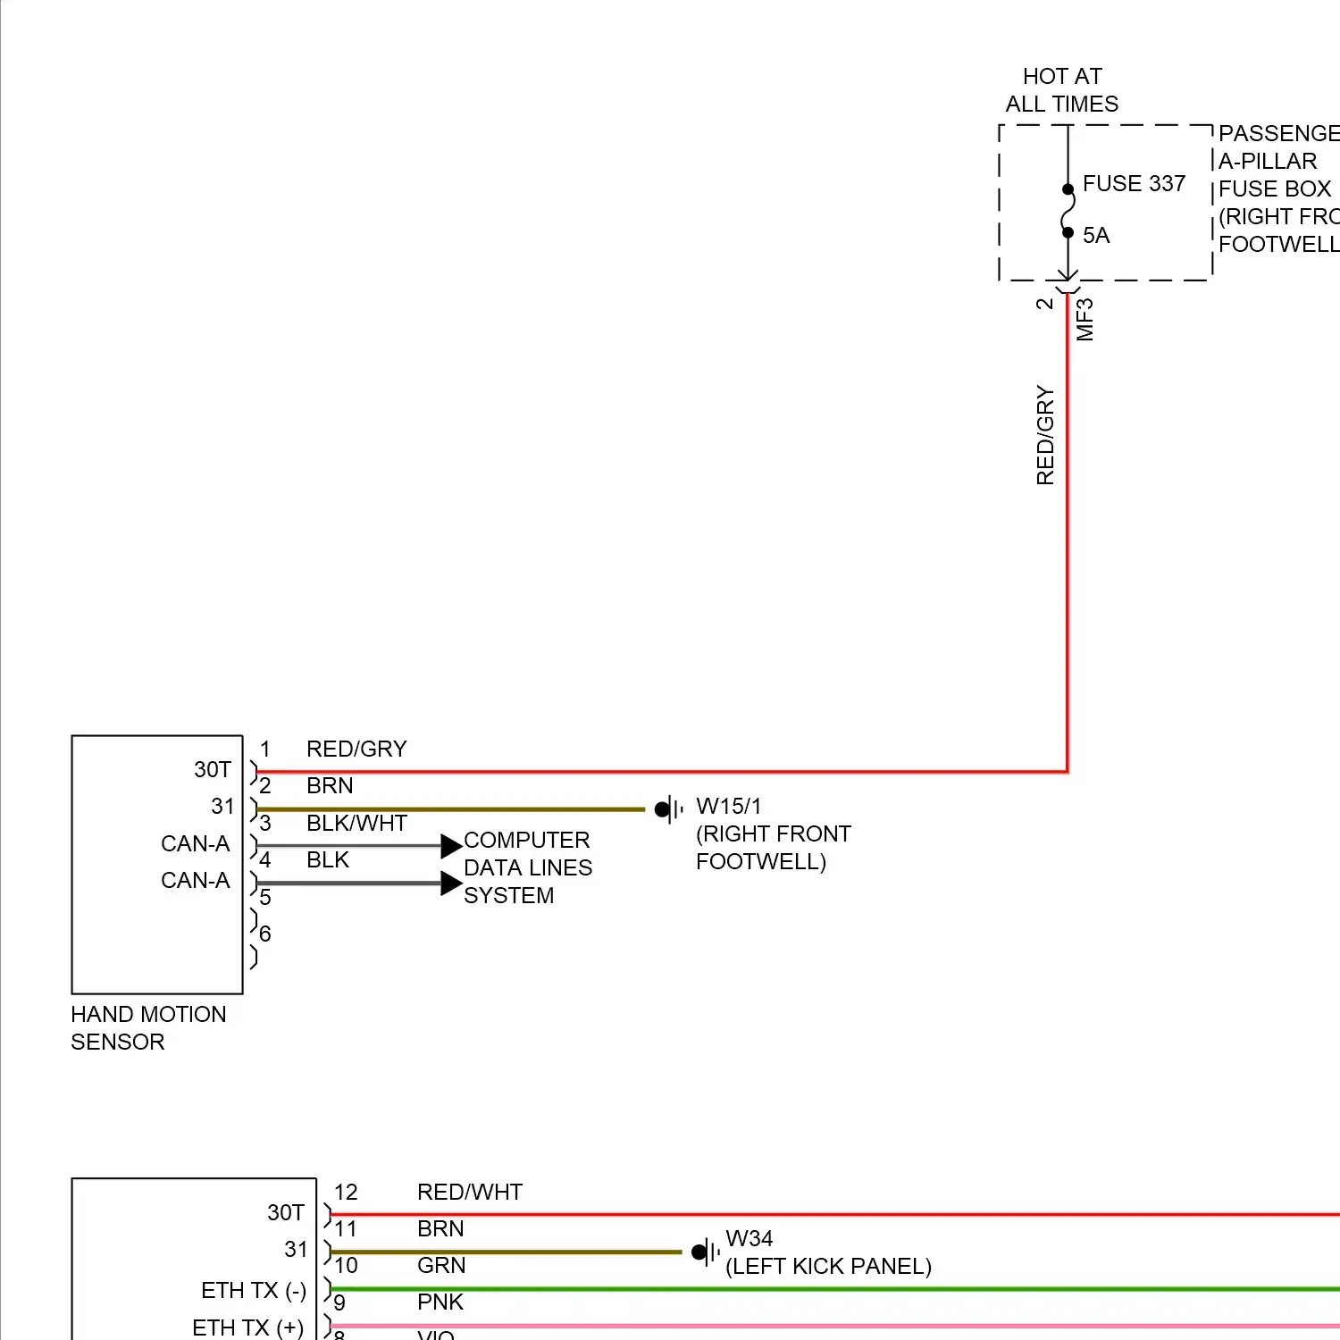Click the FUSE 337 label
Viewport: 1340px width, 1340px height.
pos(1133,184)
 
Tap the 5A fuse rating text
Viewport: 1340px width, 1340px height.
pos(1096,236)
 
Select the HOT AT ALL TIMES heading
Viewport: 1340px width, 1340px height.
pos(1061,90)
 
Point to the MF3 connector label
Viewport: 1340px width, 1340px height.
pos(1085,320)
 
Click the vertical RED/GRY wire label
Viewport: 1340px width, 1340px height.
pos(1045,436)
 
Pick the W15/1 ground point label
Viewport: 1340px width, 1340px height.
pos(729,807)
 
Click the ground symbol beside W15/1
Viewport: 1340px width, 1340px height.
pos(668,810)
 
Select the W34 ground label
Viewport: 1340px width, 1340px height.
pos(749,1239)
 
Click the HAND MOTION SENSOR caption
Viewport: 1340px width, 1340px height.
pos(148,1028)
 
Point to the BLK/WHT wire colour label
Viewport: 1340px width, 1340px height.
pos(356,824)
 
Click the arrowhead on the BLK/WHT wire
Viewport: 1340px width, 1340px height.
pos(452,846)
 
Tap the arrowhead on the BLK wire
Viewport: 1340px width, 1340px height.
pos(452,884)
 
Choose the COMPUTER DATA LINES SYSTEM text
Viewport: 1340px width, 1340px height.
pos(527,867)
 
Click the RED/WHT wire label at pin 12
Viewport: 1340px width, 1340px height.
pos(470,1193)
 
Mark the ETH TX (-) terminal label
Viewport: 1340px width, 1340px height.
pos(254,1291)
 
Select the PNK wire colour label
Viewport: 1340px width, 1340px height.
pos(440,1302)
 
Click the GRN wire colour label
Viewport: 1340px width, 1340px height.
pos(441,1266)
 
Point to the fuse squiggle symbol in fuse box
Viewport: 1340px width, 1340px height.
pos(1068,212)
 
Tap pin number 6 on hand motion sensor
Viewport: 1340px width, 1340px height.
pos(265,934)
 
